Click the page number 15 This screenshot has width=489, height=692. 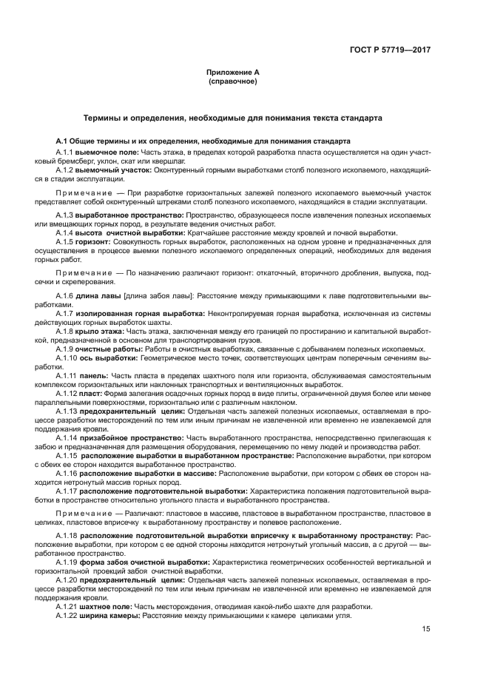[427, 629]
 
